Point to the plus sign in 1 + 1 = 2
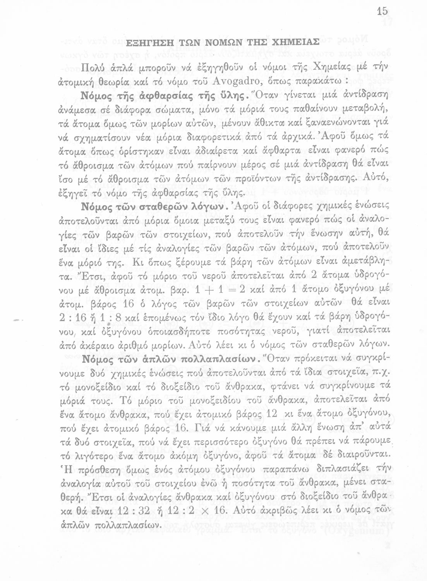tap(209, 290)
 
